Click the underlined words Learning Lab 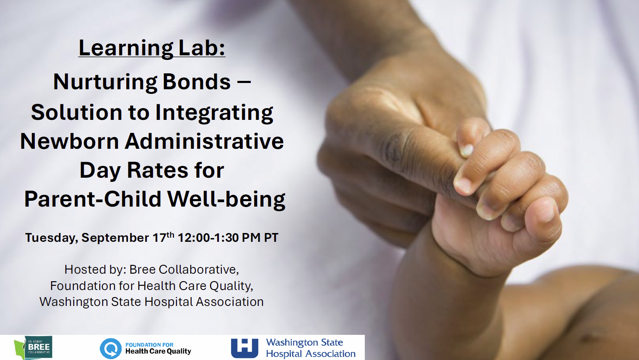[x=152, y=49]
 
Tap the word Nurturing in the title [x=105, y=83]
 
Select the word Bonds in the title [x=197, y=82]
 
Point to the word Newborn [x=69, y=141]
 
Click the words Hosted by [x=95, y=269]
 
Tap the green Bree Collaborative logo [x=33, y=348]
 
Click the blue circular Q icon [x=111, y=348]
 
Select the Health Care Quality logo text [x=158, y=348]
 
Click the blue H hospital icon [x=244, y=348]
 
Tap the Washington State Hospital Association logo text [x=311, y=348]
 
